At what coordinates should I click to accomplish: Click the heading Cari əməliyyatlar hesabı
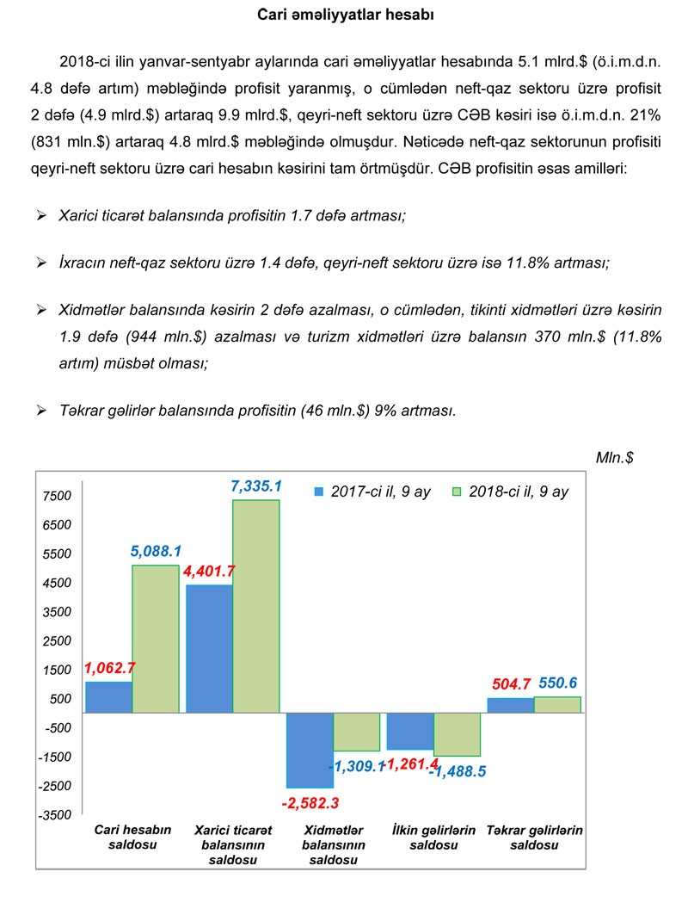pos(344,15)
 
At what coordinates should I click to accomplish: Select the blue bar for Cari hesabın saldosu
pos(108,697)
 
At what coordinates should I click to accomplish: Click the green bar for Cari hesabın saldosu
pos(156,639)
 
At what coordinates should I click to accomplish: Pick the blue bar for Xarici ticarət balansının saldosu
pos(209,648)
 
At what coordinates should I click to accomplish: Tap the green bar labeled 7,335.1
pos(256,606)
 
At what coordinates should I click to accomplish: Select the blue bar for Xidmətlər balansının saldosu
pos(310,750)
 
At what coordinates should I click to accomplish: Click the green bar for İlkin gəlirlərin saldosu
pos(457,734)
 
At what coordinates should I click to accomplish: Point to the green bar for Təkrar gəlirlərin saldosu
pos(557,704)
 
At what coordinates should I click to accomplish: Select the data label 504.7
pos(511,684)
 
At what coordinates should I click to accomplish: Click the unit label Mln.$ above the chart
pos(614,457)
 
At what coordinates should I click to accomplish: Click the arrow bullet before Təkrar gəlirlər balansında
pos(41,411)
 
